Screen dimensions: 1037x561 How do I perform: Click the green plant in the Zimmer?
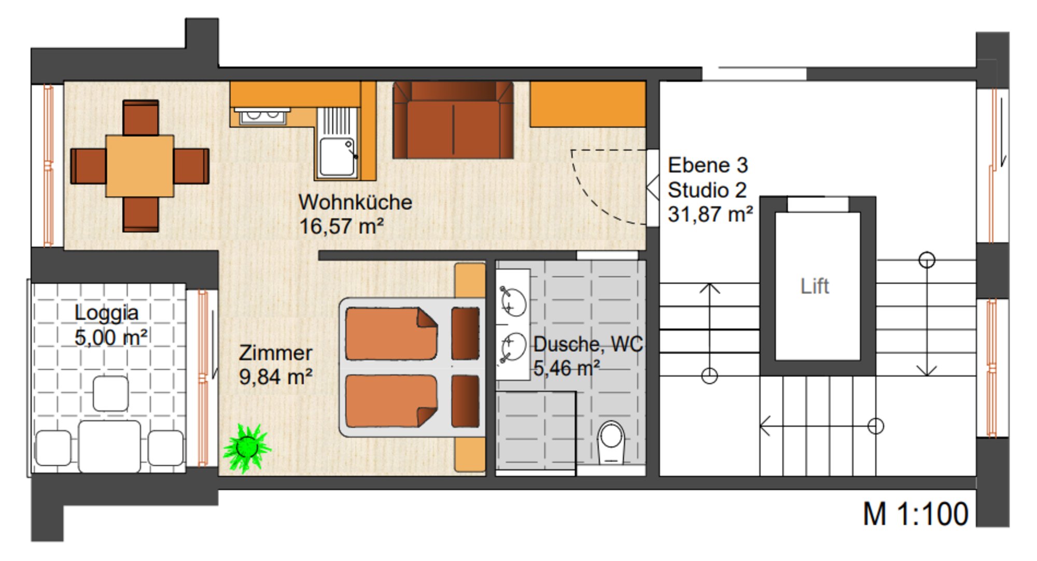coord(247,447)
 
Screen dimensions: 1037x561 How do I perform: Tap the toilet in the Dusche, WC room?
coord(611,442)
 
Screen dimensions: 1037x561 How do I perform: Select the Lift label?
coord(815,286)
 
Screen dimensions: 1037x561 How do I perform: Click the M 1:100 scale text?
coord(915,514)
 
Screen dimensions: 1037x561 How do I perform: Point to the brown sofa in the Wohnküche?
coord(453,120)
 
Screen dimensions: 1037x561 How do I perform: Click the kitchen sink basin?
coord(337,156)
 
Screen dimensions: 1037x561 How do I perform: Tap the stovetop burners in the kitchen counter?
coord(262,116)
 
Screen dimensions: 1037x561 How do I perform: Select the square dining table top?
coord(139,166)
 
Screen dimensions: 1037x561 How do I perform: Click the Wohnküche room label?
coord(355,202)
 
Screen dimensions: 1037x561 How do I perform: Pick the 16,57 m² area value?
coord(341,226)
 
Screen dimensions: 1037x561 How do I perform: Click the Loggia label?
coord(106,313)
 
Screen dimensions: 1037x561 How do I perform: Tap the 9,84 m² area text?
coord(275,377)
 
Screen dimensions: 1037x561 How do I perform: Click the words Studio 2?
coord(707,190)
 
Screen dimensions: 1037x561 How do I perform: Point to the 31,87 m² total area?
coord(710,214)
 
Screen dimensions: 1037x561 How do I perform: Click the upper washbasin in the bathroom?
coord(513,301)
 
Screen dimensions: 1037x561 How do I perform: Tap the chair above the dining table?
coord(141,118)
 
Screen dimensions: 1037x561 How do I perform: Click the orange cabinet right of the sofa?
coord(587,104)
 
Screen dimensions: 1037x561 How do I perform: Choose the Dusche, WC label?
coord(588,344)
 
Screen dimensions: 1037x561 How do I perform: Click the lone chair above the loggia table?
coord(110,394)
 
